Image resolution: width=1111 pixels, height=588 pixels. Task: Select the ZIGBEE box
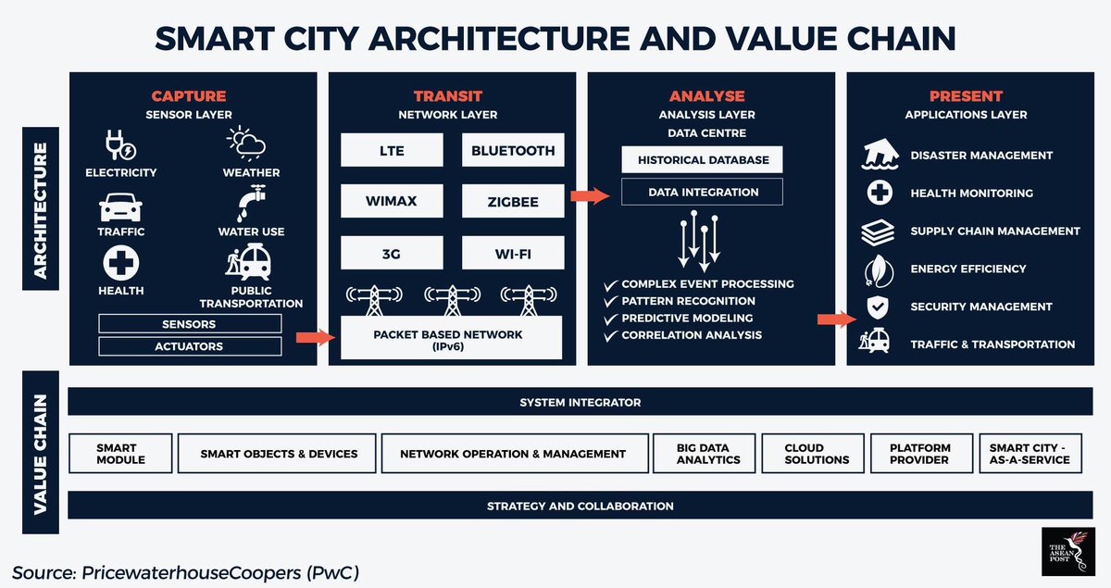coord(513,201)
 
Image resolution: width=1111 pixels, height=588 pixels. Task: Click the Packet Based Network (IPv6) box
coord(452,338)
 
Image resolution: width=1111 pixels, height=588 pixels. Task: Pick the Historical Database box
coord(703,159)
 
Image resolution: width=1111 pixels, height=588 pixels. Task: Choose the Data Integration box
coord(703,192)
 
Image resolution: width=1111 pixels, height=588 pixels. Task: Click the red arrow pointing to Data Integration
coord(587,195)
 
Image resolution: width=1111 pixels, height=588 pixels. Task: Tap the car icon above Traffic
coord(120,206)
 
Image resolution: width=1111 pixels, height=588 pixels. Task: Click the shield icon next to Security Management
coord(876,307)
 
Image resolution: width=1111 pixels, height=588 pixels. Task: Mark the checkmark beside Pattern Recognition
coord(609,302)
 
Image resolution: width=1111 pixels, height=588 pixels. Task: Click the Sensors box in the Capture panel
coord(190,324)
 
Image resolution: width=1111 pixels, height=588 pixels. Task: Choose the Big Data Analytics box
coord(708,454)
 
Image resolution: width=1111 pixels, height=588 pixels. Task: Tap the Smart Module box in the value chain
coord(121,454)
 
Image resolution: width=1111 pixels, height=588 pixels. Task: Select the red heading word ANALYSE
coord(707,96)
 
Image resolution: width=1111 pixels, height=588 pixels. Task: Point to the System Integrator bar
coord(580,403)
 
